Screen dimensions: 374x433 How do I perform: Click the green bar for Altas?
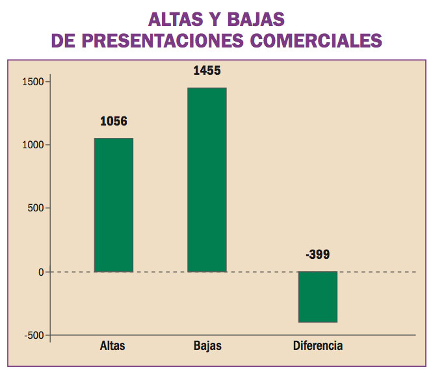[114, 205]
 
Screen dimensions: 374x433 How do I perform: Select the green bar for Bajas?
[207, 180]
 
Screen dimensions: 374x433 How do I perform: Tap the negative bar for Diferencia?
[318, 297]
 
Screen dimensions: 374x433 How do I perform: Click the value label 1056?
[114, 121]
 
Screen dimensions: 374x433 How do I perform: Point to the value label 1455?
[207, 70]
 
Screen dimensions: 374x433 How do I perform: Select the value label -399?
[318, 254]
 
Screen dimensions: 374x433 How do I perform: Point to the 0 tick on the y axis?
[40, 272]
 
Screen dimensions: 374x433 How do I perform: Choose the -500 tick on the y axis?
[33, 335]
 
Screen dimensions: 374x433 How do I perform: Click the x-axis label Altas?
[113, 345]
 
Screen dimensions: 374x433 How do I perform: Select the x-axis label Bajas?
[207, 345]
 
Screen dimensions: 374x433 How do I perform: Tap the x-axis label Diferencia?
[318, 345]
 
